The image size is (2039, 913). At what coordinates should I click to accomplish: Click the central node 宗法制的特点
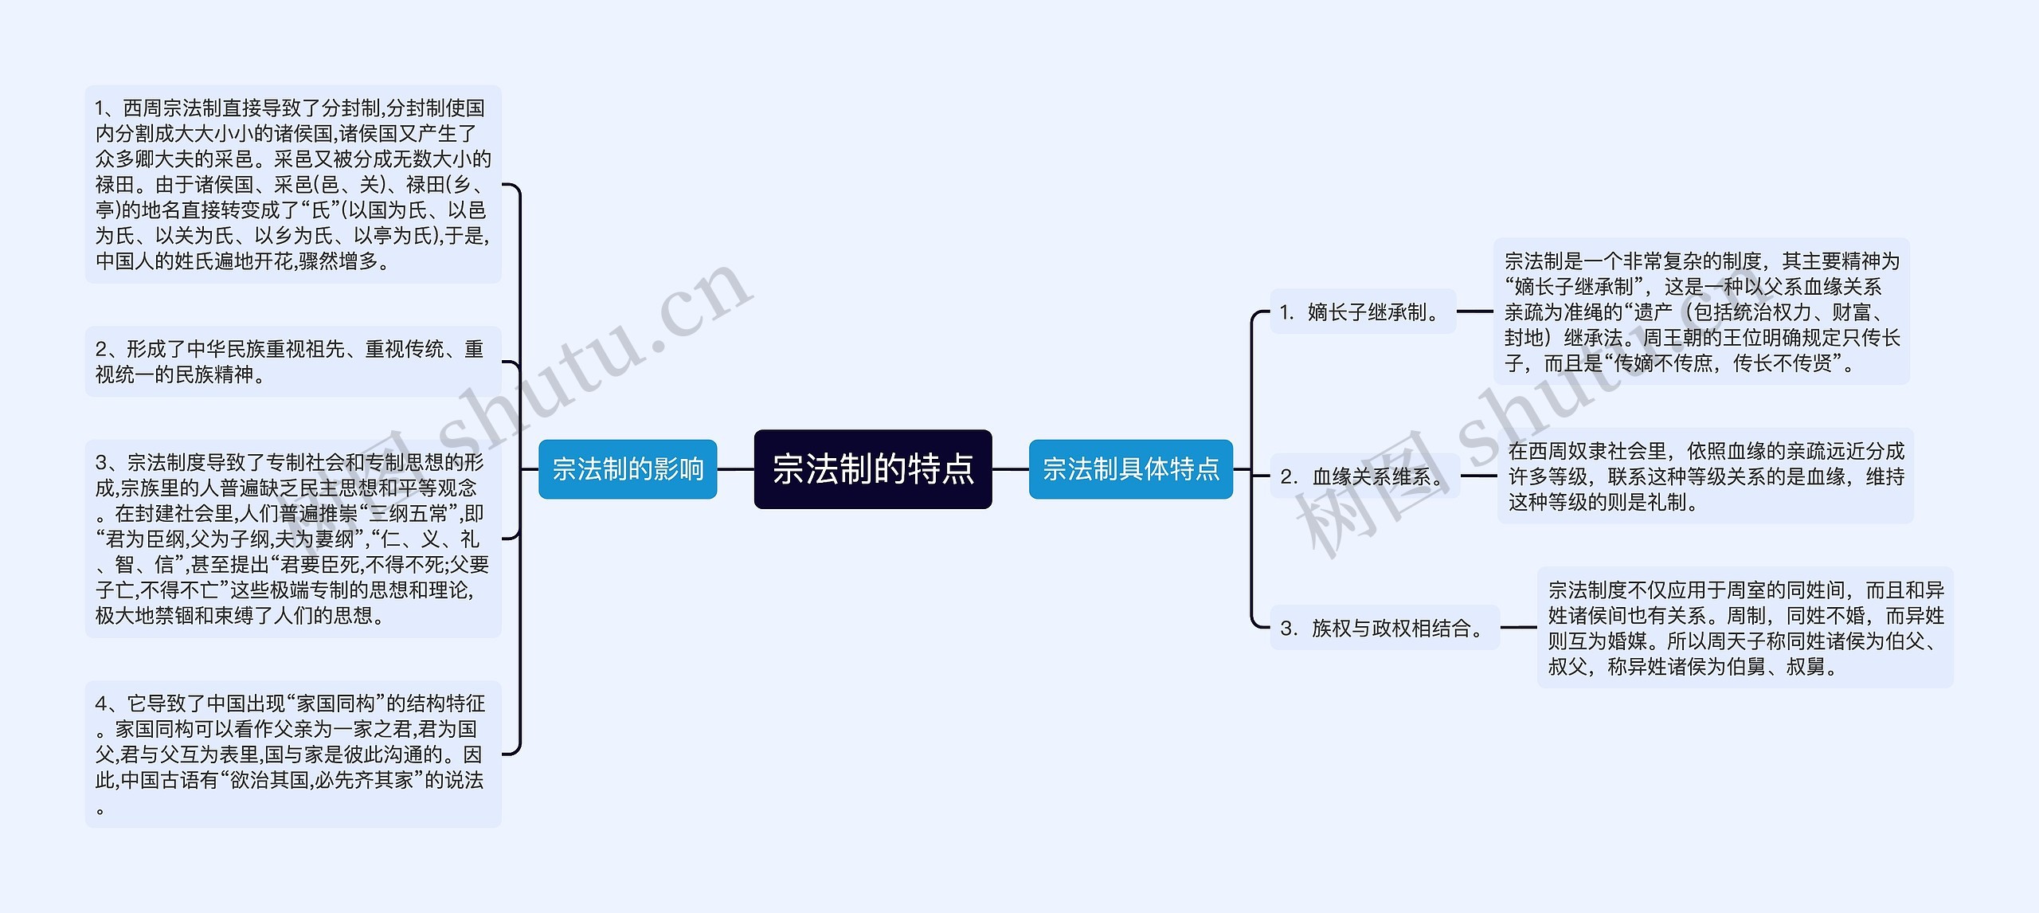click(x=873, y=469)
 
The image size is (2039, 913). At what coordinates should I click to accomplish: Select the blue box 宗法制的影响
click(x=628, y=469)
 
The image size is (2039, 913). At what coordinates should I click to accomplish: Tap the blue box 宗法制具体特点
click(x=1130, y=469)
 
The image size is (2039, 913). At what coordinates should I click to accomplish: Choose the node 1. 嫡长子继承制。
click(x=1363, y=312)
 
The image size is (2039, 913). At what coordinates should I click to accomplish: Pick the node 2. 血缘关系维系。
click(x=1364, y=476)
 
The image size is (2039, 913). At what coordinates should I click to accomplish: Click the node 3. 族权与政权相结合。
click(x=1384, y=628)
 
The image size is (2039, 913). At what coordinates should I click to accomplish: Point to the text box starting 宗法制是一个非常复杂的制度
click(x=1701, y=312)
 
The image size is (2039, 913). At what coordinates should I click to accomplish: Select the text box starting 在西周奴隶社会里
click(x=1705, y=476)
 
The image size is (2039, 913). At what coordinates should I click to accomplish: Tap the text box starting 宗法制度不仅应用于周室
click(x=1745, y=628)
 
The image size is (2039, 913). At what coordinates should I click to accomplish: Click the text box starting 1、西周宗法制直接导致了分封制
click(x=293, y=184)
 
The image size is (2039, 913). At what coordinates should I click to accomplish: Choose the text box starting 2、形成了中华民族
click(x=293, y=362)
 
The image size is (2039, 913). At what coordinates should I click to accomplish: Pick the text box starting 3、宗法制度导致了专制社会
click(x=293, y=539)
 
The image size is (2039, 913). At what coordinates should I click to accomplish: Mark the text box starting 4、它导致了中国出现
click(x=293, y=754)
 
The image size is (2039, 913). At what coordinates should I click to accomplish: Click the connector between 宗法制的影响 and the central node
click(x=735, y=469)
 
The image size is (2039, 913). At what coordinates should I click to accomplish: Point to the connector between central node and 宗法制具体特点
click(x=1010, y=469)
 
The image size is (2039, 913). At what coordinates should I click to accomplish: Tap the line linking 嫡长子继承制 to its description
click(x=1474, y=312)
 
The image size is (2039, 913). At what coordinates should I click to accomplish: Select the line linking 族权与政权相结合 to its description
click(x=1518, y=628)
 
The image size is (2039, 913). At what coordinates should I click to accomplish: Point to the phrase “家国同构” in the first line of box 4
click(x=340, y=703)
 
